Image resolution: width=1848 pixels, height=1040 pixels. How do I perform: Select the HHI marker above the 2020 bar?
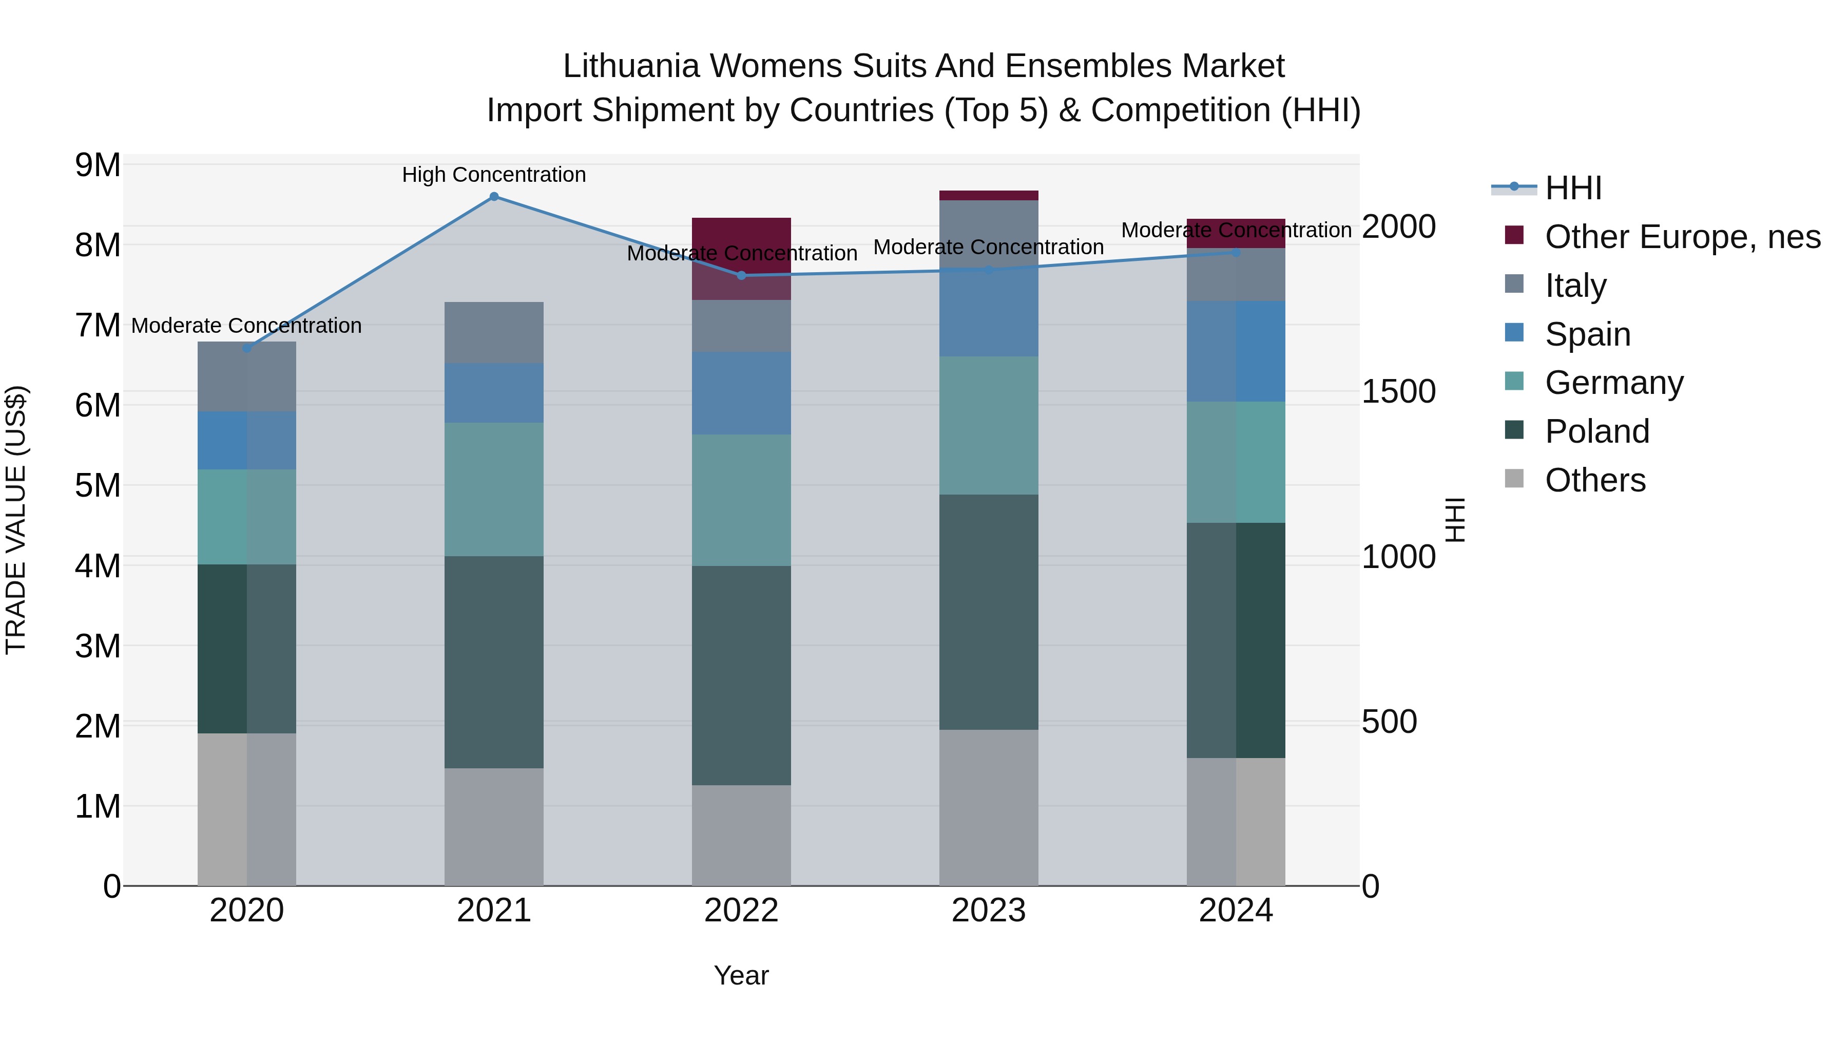pyautogui.click(x=247, y=348)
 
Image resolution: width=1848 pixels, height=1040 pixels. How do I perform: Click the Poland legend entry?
pyautogui.click(x=1597, y=431)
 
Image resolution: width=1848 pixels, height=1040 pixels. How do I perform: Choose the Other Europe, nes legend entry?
pyautogui.click(x=1682, y=237)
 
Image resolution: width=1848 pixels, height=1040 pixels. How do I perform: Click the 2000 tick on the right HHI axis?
pyautogui.click(x=1398, y=227)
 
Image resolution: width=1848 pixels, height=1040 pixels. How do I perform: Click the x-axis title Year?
pyautogui.click(x=741, y=975)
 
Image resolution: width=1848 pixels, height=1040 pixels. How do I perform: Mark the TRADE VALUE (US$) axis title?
pyautogui.click(x=16, y=520)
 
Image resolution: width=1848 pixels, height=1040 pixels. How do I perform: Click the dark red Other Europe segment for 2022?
pyautogui.click(x=741, y=244)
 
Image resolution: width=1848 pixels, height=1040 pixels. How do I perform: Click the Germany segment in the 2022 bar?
pyautogui.click(x=741, y=500)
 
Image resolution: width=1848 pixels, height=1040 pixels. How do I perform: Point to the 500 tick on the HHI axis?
pyautogui.click(x=1389, y=722)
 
